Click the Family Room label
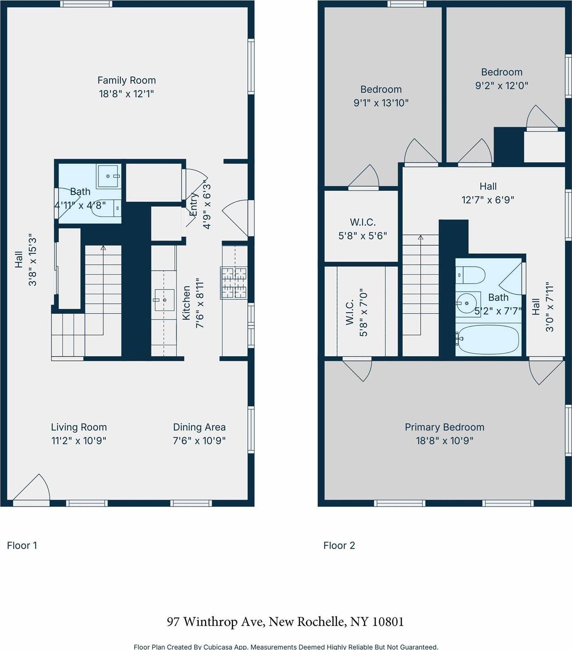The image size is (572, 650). point(126,80)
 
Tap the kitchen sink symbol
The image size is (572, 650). point(164,300)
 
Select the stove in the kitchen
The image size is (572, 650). point(234,283)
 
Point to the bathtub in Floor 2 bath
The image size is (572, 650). point(488,339)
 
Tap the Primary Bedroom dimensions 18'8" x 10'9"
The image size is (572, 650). point(444,441)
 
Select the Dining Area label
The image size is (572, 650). point(199,427)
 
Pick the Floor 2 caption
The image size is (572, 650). point(339,545)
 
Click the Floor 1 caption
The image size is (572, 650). point(22,545)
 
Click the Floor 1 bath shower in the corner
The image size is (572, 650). point(108,176)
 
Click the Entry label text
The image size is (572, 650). point(194,205)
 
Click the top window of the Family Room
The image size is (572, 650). point(86,4)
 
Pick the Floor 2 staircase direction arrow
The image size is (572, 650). point(420,238)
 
